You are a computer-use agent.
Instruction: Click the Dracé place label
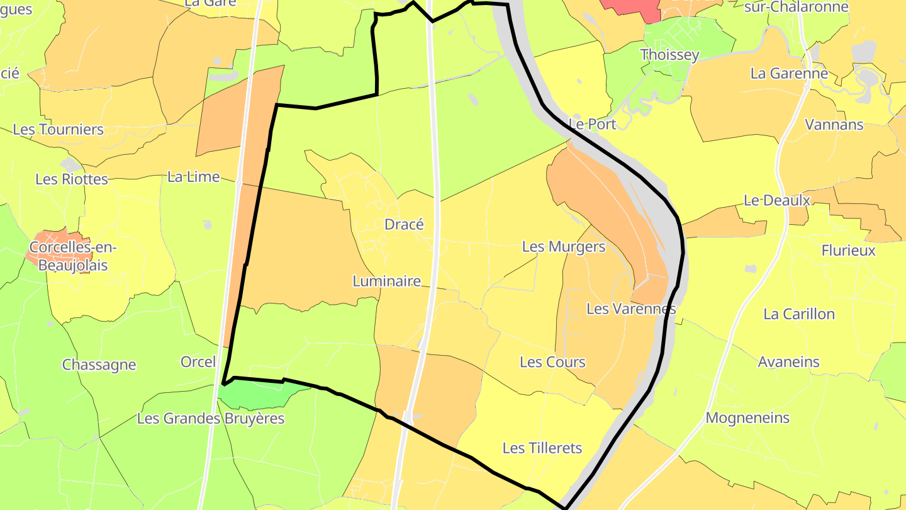[404, 225]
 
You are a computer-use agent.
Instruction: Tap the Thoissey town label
[669, 55]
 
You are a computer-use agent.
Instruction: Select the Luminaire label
[386, 281]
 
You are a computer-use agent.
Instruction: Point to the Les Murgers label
[563, 247]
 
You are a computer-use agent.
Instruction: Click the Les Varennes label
[630, 309]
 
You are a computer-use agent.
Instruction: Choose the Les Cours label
[552, 362]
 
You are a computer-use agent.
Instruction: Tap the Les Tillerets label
[542, 448]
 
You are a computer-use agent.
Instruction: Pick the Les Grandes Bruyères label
[210, 418]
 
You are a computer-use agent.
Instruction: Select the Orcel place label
[198, 362]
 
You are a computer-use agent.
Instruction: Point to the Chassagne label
[99, 365]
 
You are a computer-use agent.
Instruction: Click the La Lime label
[193, 177]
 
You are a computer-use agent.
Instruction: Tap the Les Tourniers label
[58, 130]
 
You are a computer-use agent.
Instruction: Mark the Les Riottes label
[72, 179]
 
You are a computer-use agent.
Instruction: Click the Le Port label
[591, 124]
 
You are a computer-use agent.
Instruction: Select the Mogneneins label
[747, 418]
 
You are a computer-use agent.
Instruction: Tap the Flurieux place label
[848, 251]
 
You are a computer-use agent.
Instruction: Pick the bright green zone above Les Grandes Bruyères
[258, 394]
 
